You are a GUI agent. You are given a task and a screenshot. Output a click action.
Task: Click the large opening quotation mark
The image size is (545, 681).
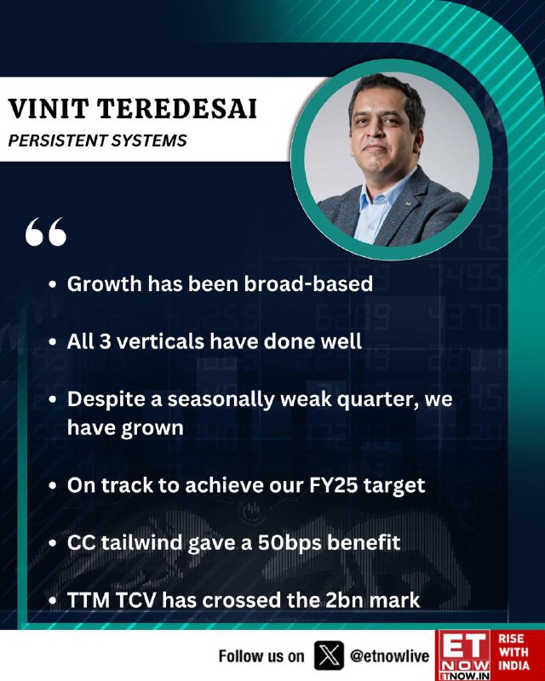pyautogui.click(x=46, y=232)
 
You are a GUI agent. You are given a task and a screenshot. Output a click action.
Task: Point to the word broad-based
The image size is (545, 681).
pyautogui.click(x=308, y=283)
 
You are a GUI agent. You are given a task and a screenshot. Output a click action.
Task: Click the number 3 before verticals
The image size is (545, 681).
pyautogui.click(x=105, y=341)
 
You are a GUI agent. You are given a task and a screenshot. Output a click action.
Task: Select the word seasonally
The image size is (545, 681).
pyautogui.click(x=221, y=400)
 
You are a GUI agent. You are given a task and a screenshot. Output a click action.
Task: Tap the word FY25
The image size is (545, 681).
pyautogui.click(x=333, y=485)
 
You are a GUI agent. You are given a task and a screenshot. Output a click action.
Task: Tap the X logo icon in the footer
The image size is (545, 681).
pyautogui.click(x=329, y=655)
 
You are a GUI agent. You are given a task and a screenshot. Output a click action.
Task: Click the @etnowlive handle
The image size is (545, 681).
pyautogui.click(x=389, y=655)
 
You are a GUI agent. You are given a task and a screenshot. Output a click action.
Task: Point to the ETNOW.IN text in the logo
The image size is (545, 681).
pyautogui.click(x=463, y=676)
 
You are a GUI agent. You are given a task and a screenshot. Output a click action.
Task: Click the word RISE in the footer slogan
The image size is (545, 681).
pyautogui.click(x=511, y=638)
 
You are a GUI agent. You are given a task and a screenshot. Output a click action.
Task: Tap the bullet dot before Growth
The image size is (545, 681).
pyautogui.click(x=53, y=284)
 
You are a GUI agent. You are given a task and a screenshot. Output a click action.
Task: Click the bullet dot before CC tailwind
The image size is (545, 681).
pyautogui.click(x=53, y=543)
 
